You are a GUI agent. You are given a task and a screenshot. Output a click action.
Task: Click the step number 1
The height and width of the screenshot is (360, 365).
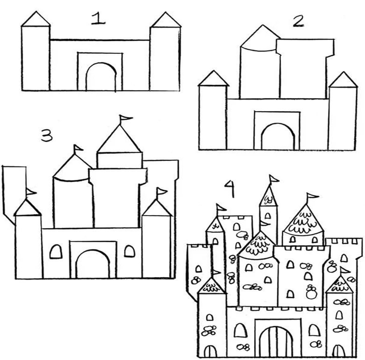pos(98,19)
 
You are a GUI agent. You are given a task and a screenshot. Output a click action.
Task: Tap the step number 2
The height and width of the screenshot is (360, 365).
pos(299,22)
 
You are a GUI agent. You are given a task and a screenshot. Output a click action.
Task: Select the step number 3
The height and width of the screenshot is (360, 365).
pos(47,136)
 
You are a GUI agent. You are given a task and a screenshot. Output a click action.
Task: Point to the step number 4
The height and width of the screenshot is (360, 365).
pos(230,188)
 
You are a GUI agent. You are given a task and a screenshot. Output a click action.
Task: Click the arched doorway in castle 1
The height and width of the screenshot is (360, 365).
pos(101,63)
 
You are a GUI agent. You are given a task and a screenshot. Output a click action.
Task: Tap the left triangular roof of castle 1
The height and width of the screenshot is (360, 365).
pos(36,19)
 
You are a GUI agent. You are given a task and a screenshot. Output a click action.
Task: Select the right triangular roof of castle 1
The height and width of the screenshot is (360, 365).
pos(166,20)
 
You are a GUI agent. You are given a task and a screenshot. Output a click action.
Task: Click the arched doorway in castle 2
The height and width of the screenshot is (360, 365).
pos(277,124)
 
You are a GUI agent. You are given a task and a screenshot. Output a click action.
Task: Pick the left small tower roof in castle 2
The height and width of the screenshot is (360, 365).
pos(214,79)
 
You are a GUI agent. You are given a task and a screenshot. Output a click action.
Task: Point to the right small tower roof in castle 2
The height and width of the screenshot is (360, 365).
pos(343,80)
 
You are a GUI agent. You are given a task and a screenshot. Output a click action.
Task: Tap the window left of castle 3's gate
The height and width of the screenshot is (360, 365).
pos(56,252)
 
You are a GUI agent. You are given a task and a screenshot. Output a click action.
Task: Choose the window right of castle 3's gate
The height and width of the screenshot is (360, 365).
pos(130,251)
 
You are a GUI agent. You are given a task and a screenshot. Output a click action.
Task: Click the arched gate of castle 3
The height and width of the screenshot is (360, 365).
pos(93,251)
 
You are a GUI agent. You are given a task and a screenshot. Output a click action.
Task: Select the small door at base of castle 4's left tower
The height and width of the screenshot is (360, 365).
pos(210,351)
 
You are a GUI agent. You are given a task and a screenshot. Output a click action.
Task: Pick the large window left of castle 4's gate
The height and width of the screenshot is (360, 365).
pos(241,330)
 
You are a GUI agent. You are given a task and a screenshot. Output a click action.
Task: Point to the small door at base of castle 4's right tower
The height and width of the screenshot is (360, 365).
pos(338,351)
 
